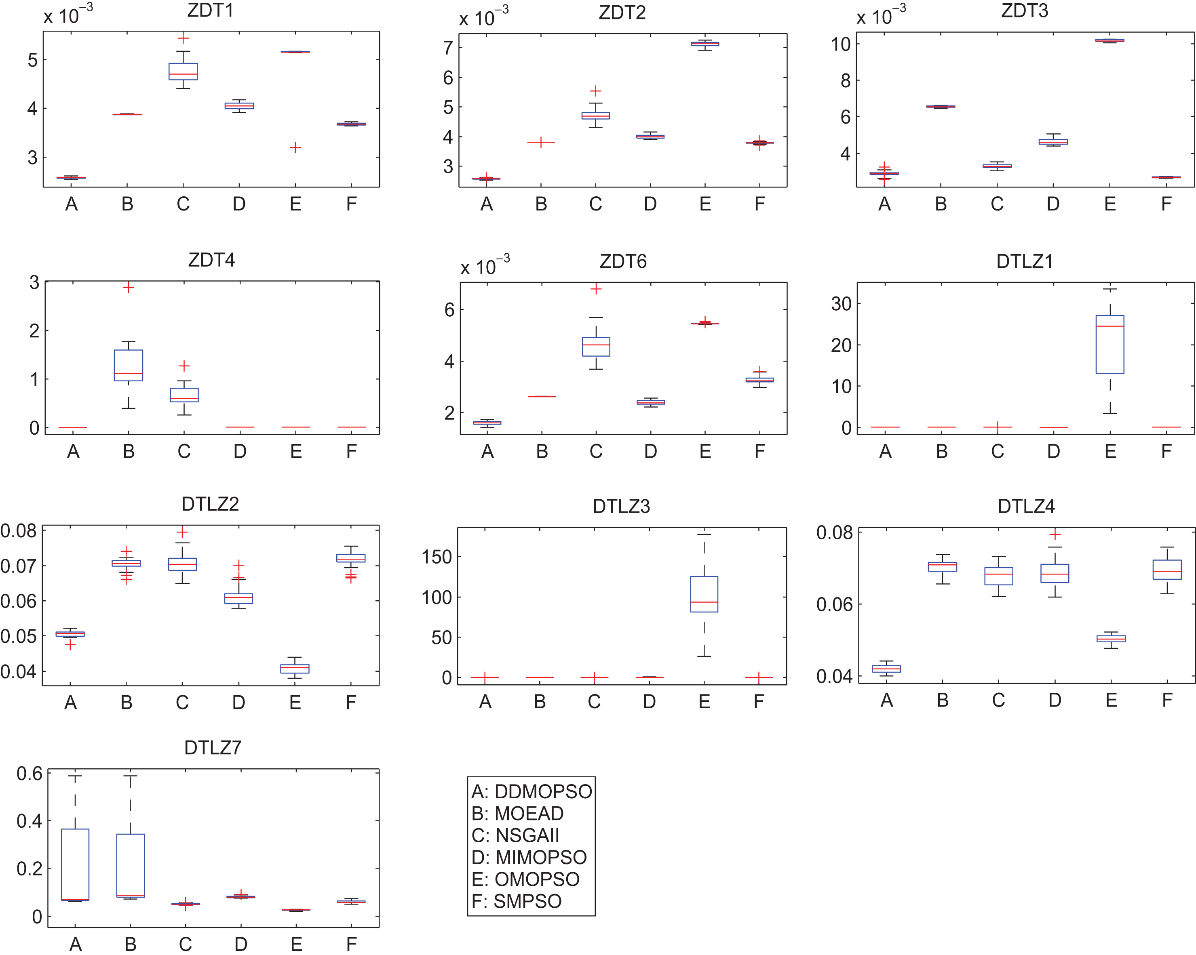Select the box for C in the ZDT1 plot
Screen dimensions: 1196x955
pyautogui.click(x=183, y=72)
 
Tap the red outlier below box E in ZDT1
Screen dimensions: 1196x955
pyautogui.click(x=295, y=147)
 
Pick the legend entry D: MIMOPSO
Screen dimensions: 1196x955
pyautogui.click(x=529, y=857)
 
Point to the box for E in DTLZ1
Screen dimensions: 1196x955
pyautogui.click(x=1110, y=345)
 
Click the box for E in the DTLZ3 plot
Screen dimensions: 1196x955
pyautogui.click(x=704, y=594)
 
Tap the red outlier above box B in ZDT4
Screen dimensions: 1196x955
pyautogui.click(x=128, y=287)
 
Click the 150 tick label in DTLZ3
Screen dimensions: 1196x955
pyautogui.click(x=437, y=557)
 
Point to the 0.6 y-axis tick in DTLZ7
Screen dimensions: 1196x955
pyautogui.click(x=30, y=773)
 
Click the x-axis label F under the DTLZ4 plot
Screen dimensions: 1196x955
pyautogui.click(x=1167, y=700)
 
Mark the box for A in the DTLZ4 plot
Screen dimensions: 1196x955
pyautogui.click(x=886, y=669)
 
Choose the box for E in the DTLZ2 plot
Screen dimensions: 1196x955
pyautogui.click(x=295, y=669)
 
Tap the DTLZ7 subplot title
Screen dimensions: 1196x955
pyautogui.click(x=213, y=748)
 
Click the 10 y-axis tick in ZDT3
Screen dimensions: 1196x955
pyautogui.click(x=841, y=44)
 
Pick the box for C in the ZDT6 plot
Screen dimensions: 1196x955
pyautogui.click(x=596, y=347)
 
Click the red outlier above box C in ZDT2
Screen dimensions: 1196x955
pyautogui.click(x=596, y=91)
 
